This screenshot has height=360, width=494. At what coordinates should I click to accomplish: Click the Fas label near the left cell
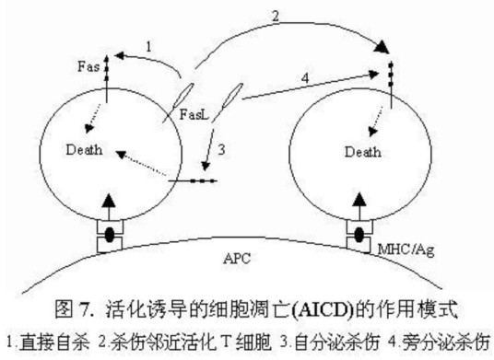pos(88,66)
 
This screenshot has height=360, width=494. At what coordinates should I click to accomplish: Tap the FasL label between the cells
pos(194,114)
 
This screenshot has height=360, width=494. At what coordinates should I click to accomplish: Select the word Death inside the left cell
pos(84,149)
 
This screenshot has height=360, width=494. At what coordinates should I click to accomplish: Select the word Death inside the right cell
pos(362,152)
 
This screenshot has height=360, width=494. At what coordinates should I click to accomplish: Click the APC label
pos(237,259)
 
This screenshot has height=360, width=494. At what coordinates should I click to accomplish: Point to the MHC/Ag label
pos(406,250)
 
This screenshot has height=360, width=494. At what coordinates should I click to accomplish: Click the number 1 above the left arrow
pos(148,47)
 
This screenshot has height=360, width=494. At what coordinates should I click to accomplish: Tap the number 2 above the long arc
pos(276,16)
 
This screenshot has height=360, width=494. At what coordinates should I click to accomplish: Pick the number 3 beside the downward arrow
pos(222,149)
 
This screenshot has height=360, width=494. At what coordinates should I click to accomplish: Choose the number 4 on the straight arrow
pos(305,77)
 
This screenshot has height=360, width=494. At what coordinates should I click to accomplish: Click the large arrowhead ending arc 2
pos(382,47)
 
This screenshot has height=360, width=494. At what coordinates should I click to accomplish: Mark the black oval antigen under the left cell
pos(110,235)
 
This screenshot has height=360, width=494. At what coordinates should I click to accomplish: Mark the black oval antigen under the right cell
pos(359,235)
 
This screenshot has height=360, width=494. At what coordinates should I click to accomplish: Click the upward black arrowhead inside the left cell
pos(109,200)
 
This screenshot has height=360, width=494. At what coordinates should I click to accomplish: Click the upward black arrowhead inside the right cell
pos(359,200)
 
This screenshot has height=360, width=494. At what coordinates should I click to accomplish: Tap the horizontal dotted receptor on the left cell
pos(193,180)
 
